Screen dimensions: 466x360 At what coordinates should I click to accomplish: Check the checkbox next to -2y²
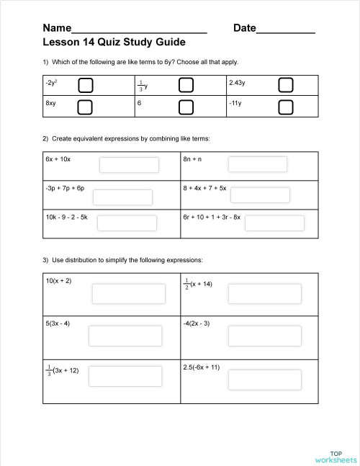pos(86,86)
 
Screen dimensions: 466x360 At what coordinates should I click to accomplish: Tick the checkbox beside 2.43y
pos(286,86)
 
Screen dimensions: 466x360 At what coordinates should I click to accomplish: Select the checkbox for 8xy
pos(86,108)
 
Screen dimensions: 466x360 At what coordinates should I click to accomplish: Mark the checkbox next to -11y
pos(286,108)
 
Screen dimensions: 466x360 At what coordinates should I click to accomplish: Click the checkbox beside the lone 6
pos(186,108)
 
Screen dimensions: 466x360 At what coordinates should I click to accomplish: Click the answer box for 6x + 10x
pos(129,164)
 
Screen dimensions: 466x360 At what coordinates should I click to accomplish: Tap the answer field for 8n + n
pos(257,164)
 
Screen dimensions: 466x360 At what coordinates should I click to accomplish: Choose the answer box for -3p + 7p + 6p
pos(122,197)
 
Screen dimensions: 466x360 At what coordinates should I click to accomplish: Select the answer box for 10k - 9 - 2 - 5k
pos(127,223)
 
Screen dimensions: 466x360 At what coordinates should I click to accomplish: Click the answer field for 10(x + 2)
pos(122,294)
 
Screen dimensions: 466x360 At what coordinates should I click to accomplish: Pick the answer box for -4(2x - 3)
pos(255,336)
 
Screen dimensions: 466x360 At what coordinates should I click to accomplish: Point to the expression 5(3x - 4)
pos(58,323)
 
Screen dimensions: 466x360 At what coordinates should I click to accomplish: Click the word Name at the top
pos(57,28)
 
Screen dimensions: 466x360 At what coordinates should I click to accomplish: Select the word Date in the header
pos(245,28)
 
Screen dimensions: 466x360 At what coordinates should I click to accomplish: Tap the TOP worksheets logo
pos(336,455)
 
